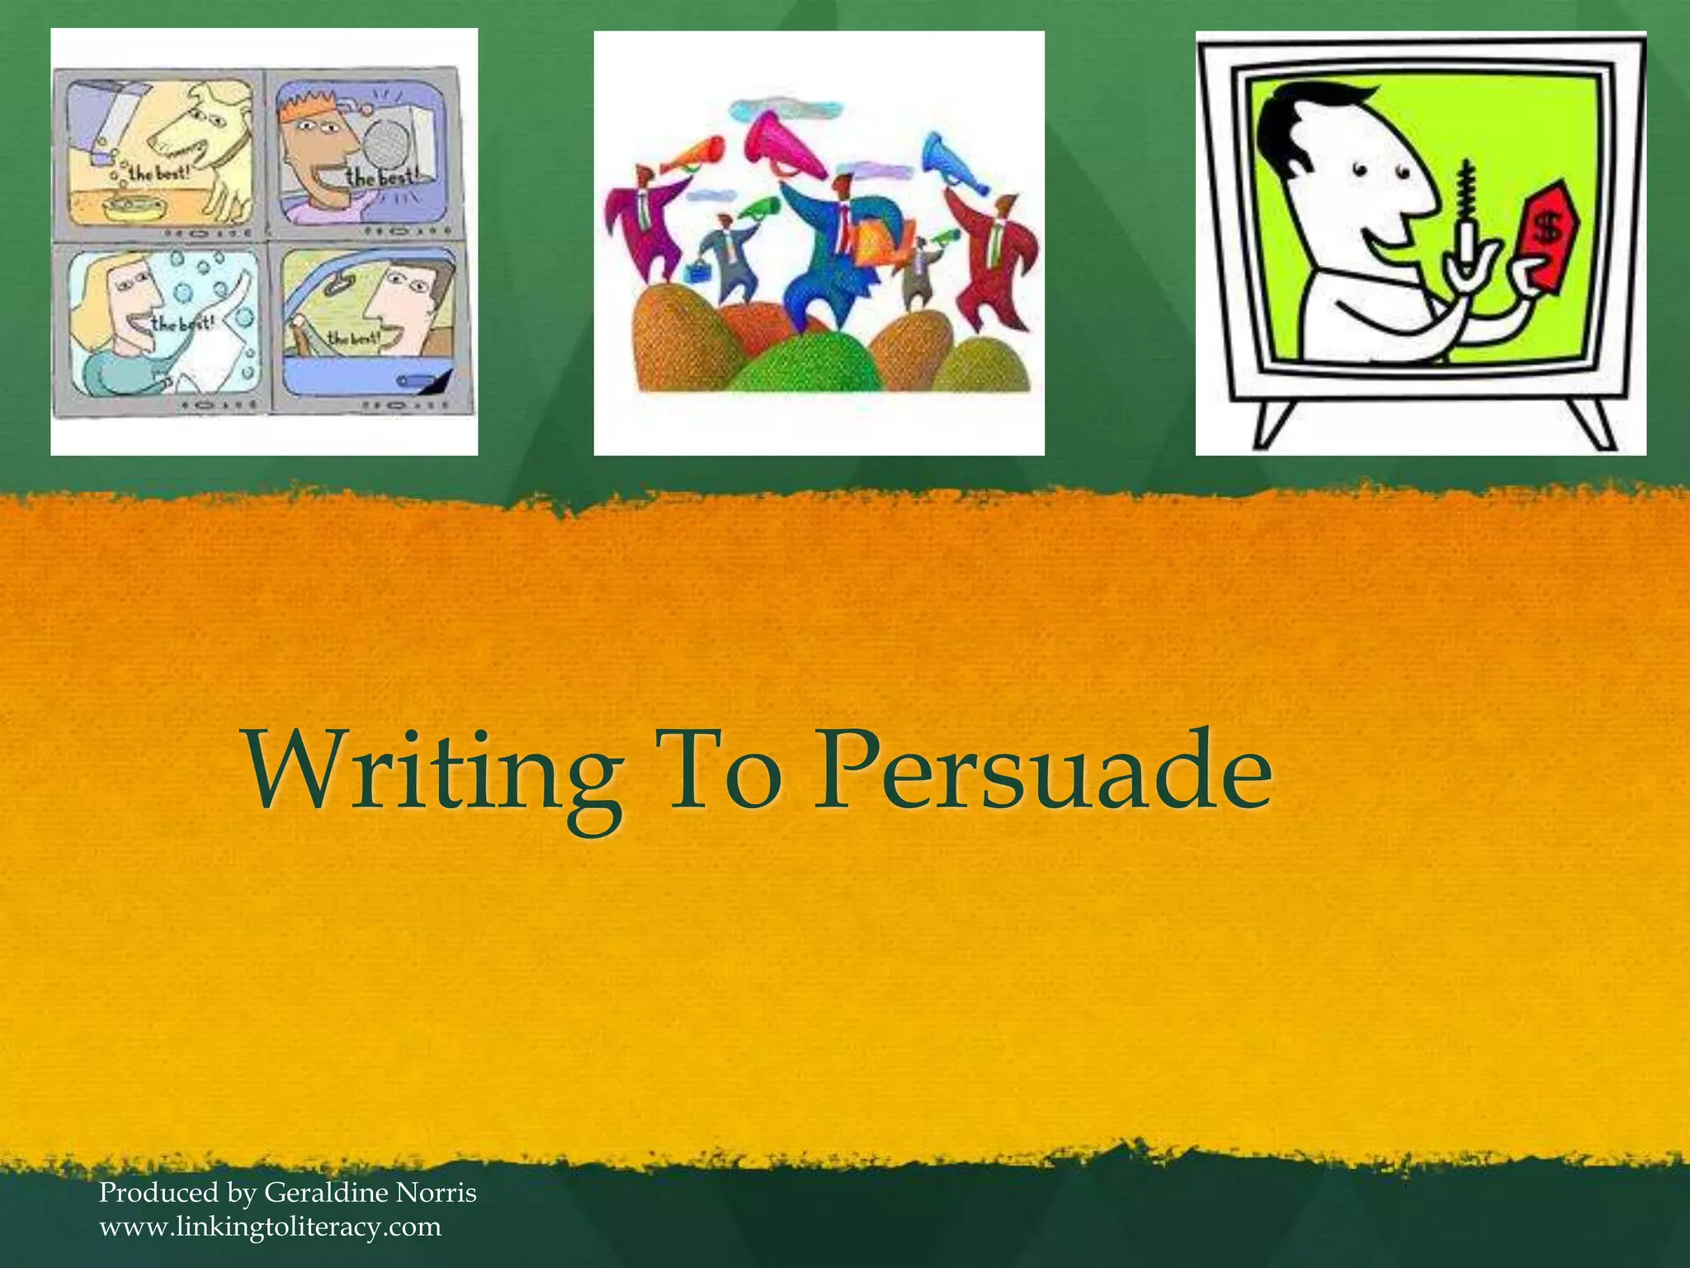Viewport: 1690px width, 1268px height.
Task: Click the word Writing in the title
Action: [x=433, y=772]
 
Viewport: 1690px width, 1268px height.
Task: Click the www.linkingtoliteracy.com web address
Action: [x=270, y=1227]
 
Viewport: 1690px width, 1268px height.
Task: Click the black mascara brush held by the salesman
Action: [x=1467, y=194]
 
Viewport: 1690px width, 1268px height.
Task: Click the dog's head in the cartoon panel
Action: [x=202, y=124]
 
